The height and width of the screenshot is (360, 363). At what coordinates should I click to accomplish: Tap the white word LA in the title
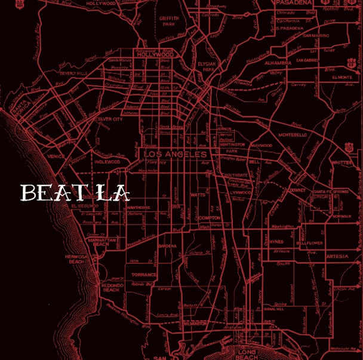tap(113, 193)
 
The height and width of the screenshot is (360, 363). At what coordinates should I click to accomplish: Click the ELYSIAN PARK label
tap(208, 66)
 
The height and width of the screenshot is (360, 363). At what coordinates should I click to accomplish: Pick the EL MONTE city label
tap(343, 77)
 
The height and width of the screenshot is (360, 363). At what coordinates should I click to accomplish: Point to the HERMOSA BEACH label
tap(76, 259)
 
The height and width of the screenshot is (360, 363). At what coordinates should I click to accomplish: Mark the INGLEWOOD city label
tap(107, 161)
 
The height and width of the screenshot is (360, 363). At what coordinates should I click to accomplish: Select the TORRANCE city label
tap(144, 275)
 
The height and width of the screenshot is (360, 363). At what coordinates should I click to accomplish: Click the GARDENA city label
tap(167, 246)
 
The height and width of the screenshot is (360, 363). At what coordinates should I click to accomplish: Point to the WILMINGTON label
tap(195, 323)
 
